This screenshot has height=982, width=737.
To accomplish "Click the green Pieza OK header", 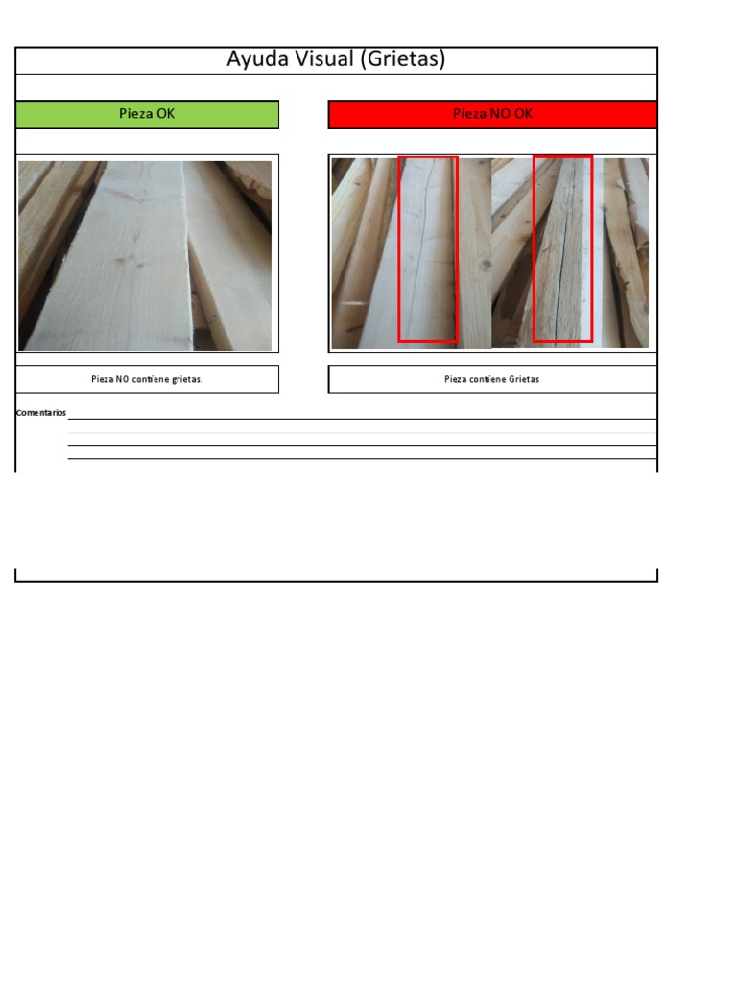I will pyautogui.click(x=147, y=114).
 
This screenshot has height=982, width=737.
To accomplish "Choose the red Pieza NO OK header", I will pyautogui.click(x=492, y=114).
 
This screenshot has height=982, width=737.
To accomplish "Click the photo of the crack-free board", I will pyautogui.click(x=145, y=255).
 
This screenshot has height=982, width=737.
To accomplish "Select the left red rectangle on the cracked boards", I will pyautogui.click(x=428, y=249).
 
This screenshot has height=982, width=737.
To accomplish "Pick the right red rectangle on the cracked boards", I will pyautogui.click(x=562, y=249).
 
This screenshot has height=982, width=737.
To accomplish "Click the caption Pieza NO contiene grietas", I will pyautogui.click(x=147, y=379).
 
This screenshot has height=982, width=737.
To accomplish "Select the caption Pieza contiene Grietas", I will pyautogui.click(x=492, y=379).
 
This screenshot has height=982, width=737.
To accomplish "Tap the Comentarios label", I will pyautogui.click(x=41, y=412).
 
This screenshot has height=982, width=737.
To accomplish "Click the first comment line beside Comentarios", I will pyautogui.click(x=362, y=418).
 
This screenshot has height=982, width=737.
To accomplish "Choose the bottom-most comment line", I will pyautogui.click(x=362, y=458).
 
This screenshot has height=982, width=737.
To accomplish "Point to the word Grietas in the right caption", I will pyautogui.click(x=524, y=379).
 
